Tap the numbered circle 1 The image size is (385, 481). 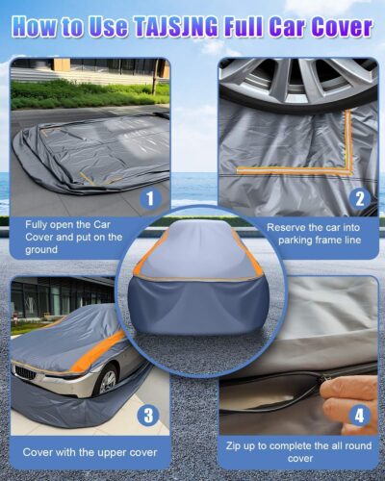point(147,199)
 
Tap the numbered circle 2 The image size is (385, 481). point(360,199)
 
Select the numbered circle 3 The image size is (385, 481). point(147,417)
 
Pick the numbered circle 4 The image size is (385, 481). point(360,417)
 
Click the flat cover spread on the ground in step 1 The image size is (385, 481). point(87,154)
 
